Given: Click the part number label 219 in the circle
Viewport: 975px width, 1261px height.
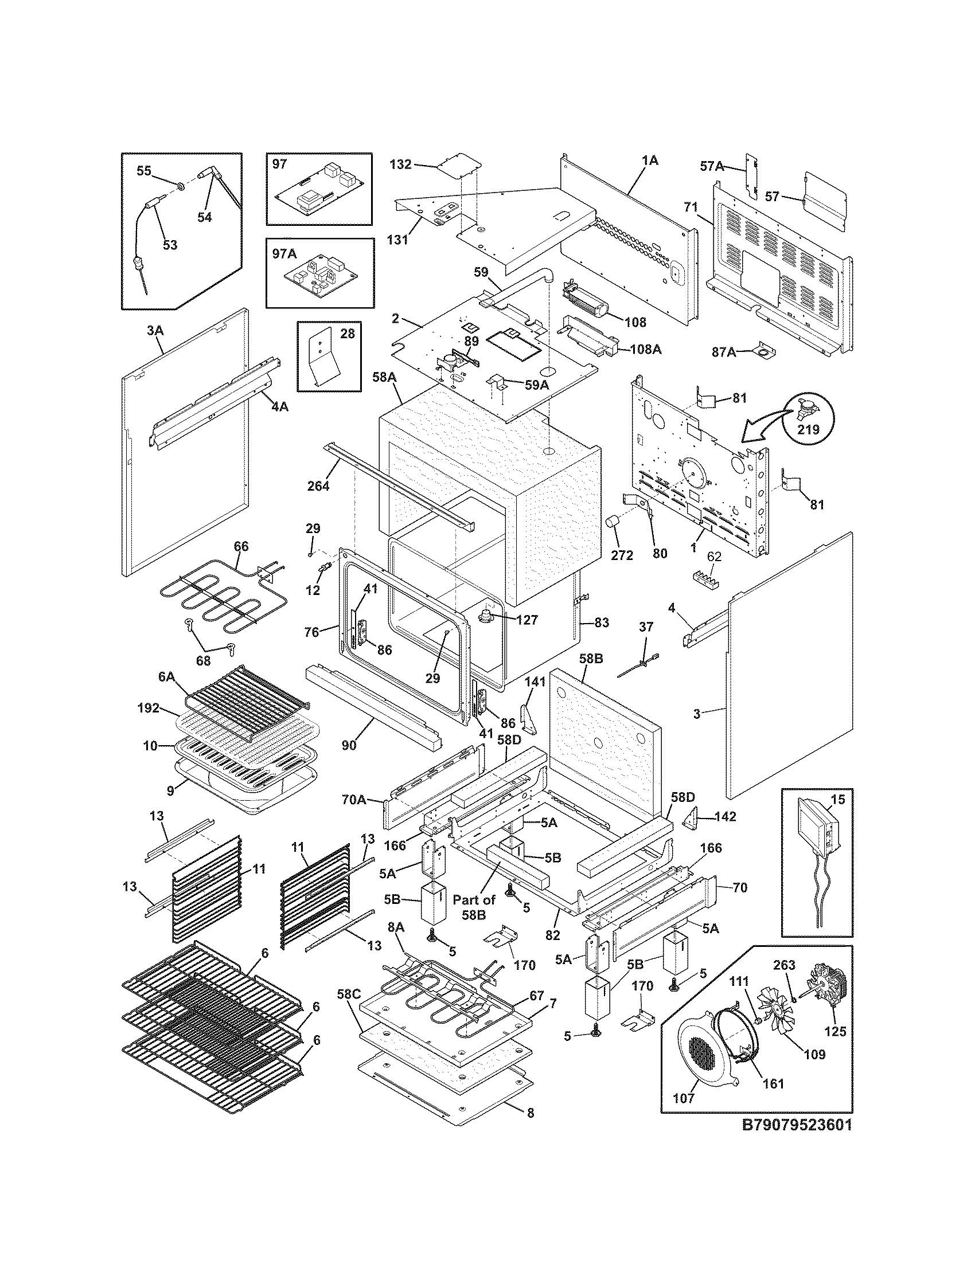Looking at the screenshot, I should (x=808, y=429).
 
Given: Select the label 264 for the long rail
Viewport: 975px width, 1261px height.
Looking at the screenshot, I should (x=318, y=485).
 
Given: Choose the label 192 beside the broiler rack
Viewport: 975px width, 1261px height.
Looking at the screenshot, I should (x=149, y=708).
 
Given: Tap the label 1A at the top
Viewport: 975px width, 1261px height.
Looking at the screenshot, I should (x=650, y=160).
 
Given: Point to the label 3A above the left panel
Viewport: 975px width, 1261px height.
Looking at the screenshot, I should (x=155, y=330).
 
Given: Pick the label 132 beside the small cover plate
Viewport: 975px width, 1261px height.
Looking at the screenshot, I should (x=400, y=165).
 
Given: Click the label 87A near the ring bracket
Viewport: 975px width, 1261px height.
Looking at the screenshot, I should (x=724, y=351).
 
